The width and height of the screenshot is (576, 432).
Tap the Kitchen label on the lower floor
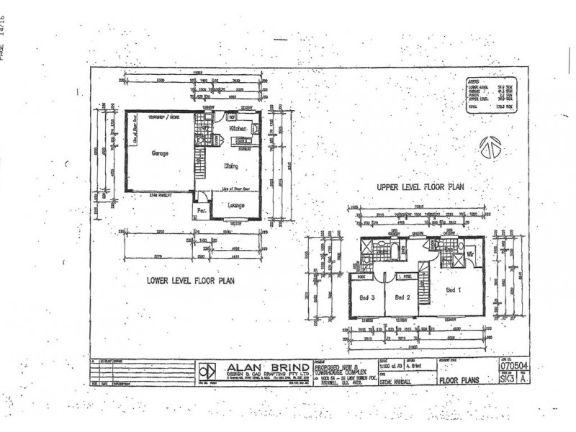[x=238, y=129]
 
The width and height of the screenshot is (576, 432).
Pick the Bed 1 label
[x=451, y=289]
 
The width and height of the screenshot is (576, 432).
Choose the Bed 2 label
[x=402, y=297]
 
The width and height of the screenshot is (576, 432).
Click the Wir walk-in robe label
[x=469, y=254]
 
